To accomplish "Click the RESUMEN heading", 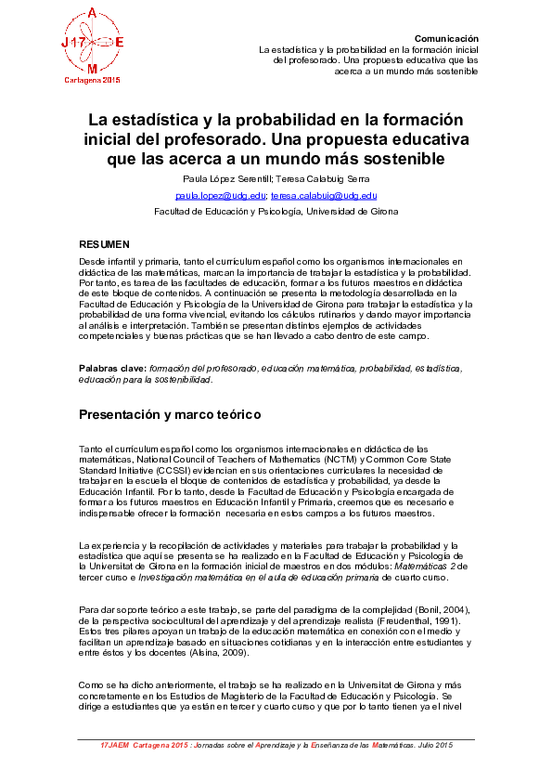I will tap(104, 243).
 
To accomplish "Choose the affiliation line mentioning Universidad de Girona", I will tap(276, 212).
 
